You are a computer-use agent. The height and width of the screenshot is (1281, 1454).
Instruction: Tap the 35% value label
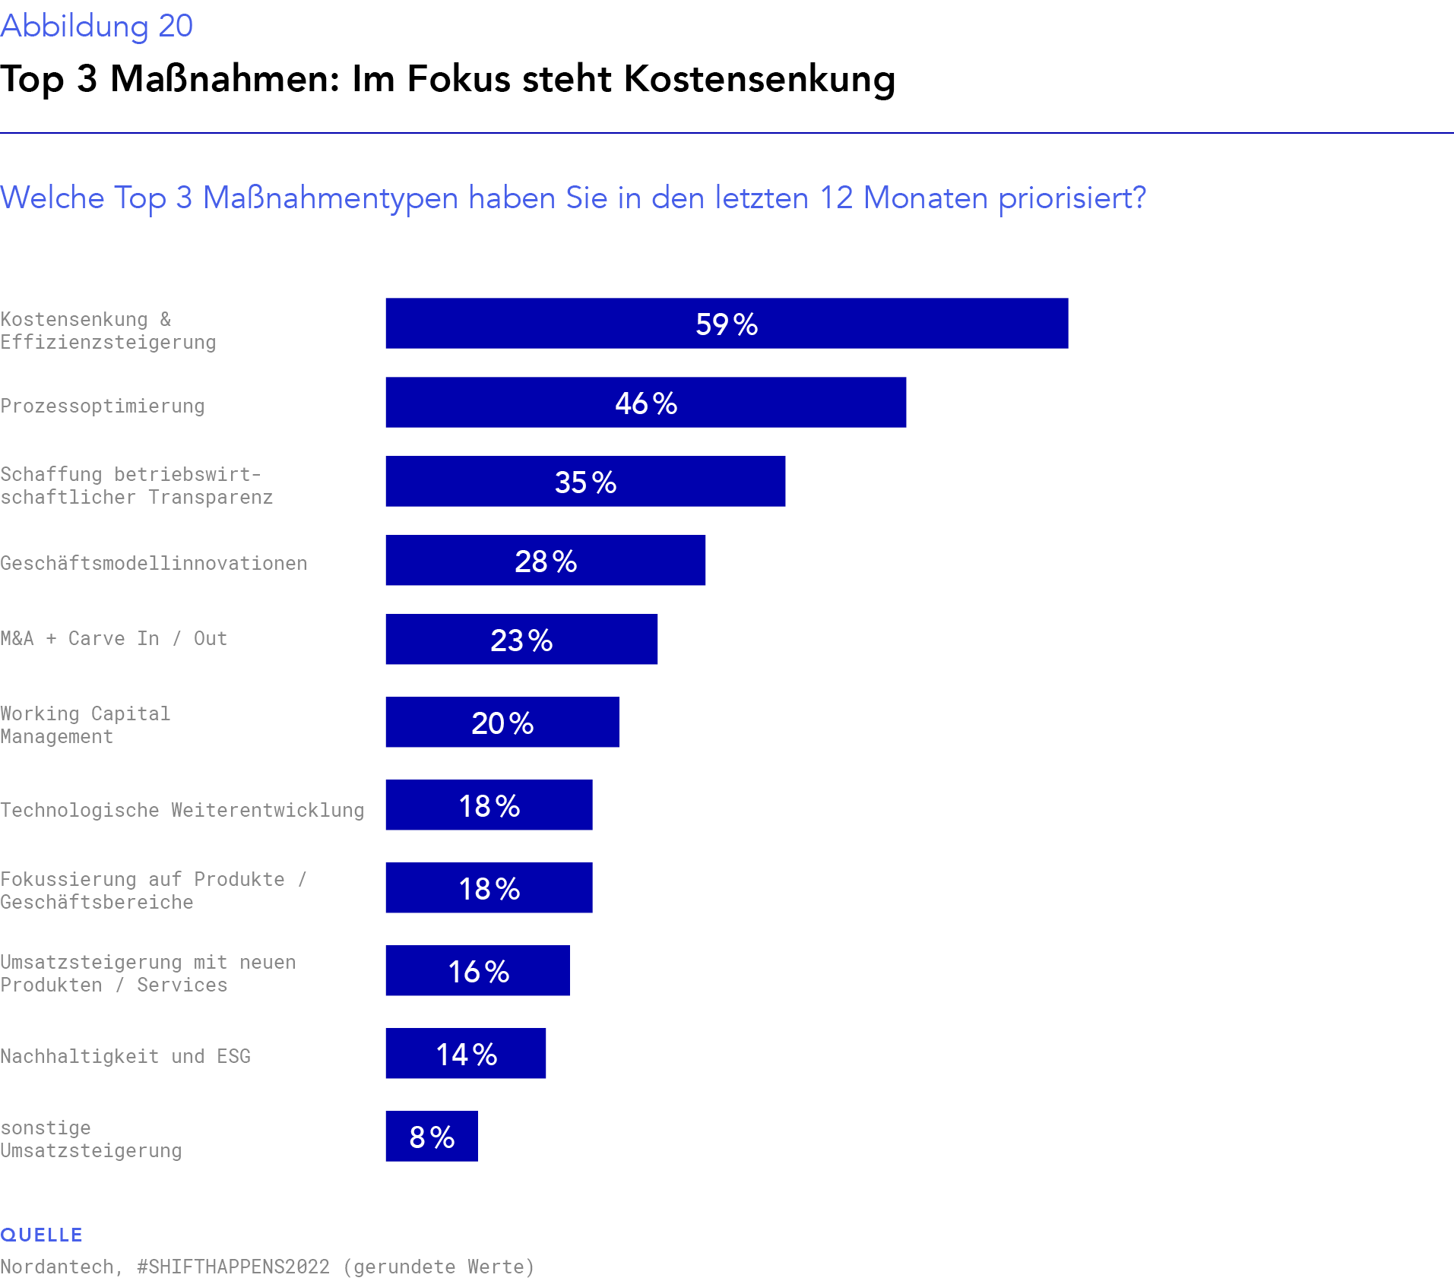585,482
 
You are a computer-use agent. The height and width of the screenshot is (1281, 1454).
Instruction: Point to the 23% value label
521,640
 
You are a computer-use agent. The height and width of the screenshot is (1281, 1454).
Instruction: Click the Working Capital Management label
85,725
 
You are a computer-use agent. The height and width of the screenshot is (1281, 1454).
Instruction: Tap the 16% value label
479,972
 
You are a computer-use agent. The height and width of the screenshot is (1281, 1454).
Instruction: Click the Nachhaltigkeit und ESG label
125,1056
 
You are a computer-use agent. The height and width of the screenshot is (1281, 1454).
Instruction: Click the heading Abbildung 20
97,26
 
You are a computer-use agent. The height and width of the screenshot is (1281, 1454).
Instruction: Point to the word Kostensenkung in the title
759,79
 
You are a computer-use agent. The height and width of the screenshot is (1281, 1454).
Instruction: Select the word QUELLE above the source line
42,1235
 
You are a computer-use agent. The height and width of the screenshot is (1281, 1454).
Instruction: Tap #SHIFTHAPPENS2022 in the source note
233,1267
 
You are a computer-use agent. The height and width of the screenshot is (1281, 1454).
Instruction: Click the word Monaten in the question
925,198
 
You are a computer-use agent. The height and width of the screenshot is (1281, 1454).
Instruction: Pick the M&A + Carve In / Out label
114,638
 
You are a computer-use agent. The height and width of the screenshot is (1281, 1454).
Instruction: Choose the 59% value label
727,324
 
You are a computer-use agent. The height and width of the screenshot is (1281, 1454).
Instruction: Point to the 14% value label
467,1055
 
